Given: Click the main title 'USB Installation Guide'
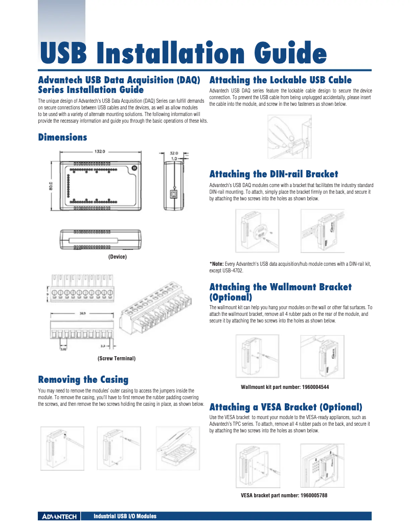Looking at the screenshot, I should coord(183,54).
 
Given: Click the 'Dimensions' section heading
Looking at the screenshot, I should coord(62,137).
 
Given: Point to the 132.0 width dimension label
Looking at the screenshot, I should coord(99,151).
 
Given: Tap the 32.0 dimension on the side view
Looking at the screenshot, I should coord(174,152).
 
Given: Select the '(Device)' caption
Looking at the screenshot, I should coord(117,257).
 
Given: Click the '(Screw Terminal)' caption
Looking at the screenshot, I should coord(117,359).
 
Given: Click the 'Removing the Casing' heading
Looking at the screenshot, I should coord(83,379).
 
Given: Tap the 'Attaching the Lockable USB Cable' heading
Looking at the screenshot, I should coord(281,80).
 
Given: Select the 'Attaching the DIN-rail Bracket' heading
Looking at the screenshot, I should coord(274,174).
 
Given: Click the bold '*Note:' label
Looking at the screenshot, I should coord(217,264).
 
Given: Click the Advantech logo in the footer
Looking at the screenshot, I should coord(58,517).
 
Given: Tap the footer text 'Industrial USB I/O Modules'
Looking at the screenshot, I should coord(124,517).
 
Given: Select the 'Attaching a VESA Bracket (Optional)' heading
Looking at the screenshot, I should coord(286,407).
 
